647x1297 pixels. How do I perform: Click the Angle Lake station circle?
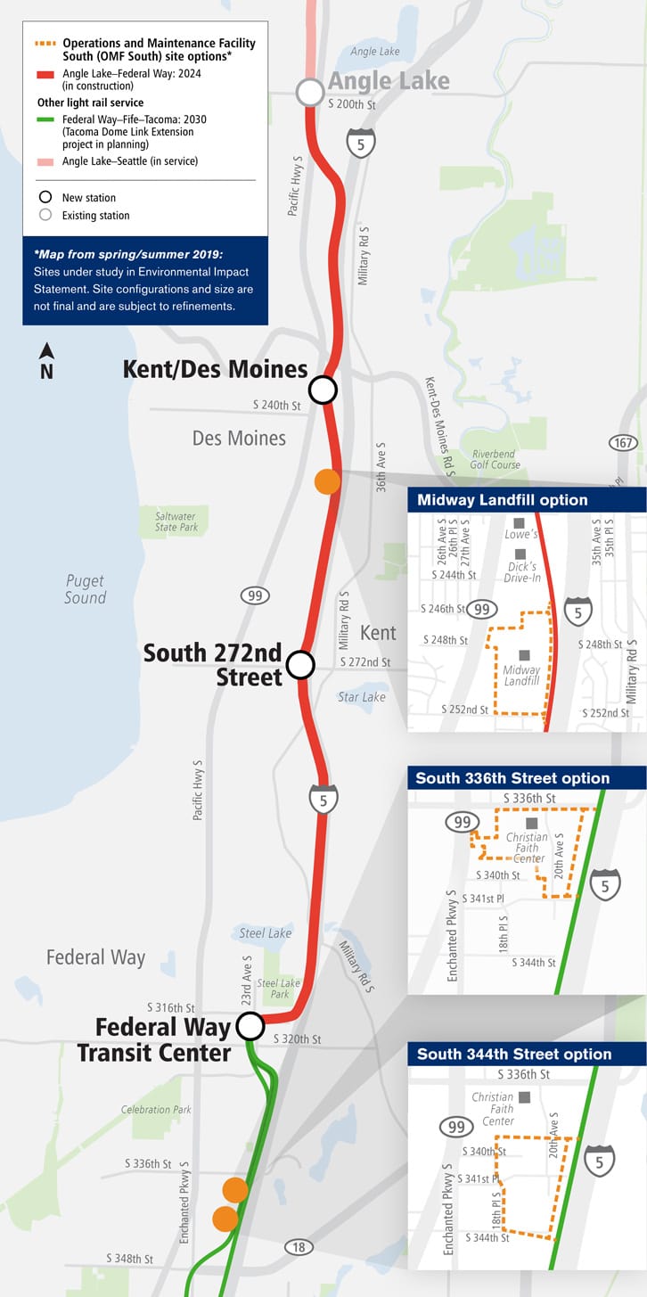click(x=310, y=92)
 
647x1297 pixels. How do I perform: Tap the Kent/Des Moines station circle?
click(x=323, y=390)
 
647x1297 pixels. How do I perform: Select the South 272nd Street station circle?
click(x=301, y=664)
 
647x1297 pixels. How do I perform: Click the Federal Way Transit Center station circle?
click(x=250, y=1026)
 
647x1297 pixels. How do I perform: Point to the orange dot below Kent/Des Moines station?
click(x=328, y=481)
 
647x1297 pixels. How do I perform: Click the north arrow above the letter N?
click(x=46, y=351)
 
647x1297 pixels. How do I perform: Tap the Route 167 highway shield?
click(x=623, y=443)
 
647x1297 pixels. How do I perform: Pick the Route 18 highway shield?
click(x=299, y=1247)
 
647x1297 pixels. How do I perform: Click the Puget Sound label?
click(x=86, y=589)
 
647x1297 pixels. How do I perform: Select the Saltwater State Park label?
click(x=176, y=521)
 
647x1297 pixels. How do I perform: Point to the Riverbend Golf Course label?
click(x=495, y=459)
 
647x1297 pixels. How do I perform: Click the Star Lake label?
click(x=362, y=697)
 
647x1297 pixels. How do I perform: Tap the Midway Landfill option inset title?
click(x=503, y=500)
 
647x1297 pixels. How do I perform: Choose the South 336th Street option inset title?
click(x=512, y=778)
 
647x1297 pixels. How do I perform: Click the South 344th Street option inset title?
click(x=514, y=1054)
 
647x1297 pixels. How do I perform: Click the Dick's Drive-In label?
click(x=522, y=572)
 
